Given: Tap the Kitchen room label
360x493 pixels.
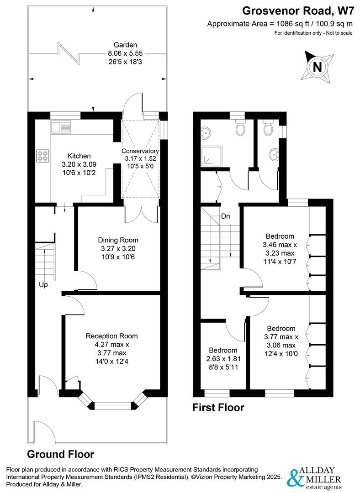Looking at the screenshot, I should [79, 156].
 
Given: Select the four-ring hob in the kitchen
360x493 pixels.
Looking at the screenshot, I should [43, 156].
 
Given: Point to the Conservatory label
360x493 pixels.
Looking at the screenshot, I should [140, 151].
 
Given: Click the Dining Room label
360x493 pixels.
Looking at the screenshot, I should [118, 240].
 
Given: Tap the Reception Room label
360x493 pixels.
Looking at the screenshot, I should [111, 336].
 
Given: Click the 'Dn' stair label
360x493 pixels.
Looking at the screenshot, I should [225, 216].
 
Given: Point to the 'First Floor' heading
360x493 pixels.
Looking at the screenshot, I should [218, 407].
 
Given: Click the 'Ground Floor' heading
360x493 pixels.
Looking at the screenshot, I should [61, 454].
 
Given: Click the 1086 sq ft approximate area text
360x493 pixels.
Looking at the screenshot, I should [280, 24].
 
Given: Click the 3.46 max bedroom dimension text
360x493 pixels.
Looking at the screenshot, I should [280, 245].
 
